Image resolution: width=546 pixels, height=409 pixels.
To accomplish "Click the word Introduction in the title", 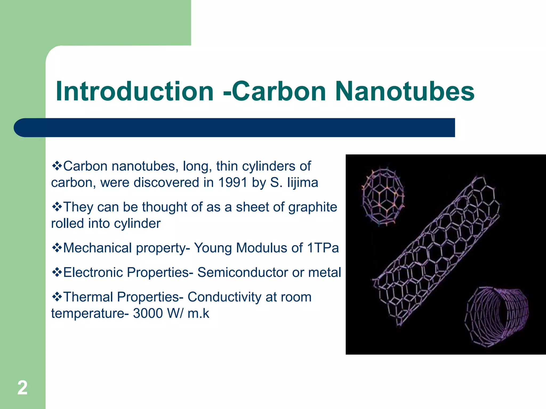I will (x=135, y=91).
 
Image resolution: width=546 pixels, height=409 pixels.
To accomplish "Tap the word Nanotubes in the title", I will (x=404, y=91).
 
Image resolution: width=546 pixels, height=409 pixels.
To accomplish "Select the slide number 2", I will (x=22, y=388).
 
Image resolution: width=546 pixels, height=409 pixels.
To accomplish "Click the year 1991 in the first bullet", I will (x=233, y=183).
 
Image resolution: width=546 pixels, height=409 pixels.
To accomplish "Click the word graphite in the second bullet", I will (x=313, y=207).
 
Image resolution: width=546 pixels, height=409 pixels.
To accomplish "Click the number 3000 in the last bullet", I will (x=148, y=313).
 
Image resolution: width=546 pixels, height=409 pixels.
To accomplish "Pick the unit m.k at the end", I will (x=198, y=313).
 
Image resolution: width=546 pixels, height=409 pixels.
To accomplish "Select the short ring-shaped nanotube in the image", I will (x=496, y=317).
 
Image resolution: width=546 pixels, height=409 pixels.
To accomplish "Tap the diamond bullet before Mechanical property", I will (x=57, y=248).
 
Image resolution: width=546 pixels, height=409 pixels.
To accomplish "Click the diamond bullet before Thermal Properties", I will (x=57, y=297).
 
